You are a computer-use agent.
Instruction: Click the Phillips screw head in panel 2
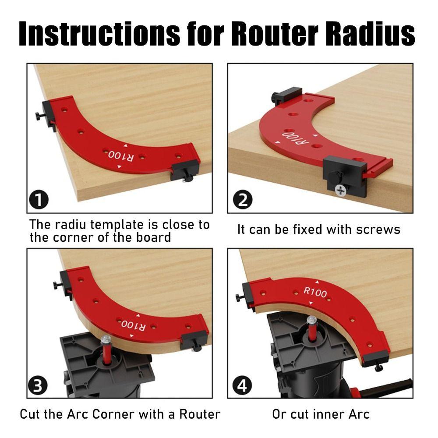coord(340,190)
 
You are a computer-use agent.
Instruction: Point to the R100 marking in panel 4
coord(315,292)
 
